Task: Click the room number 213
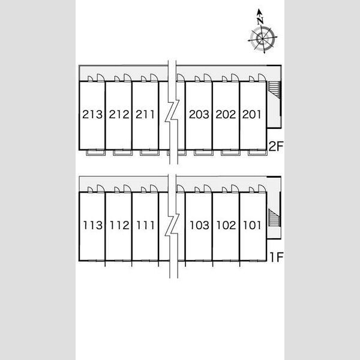[92, 115]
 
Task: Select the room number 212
[119, 115]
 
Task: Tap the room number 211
[145, 115]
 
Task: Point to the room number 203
[199, 115]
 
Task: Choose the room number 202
[226, 115]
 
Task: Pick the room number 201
[251, 115]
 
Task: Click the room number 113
[93, 225]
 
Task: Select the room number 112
[119, 225]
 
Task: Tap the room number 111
[146, 225]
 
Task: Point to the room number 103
[200, 225]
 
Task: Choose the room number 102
[226, 225]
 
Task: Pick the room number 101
[252, 225]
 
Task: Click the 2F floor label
[276, 146]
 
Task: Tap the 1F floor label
[277, 257]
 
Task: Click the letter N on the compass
[260, 21]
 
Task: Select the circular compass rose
[262, 38]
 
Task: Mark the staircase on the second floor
[274, 90]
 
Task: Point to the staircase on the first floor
[274, 218]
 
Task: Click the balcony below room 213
[95, 153]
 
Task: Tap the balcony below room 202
[230, 153]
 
